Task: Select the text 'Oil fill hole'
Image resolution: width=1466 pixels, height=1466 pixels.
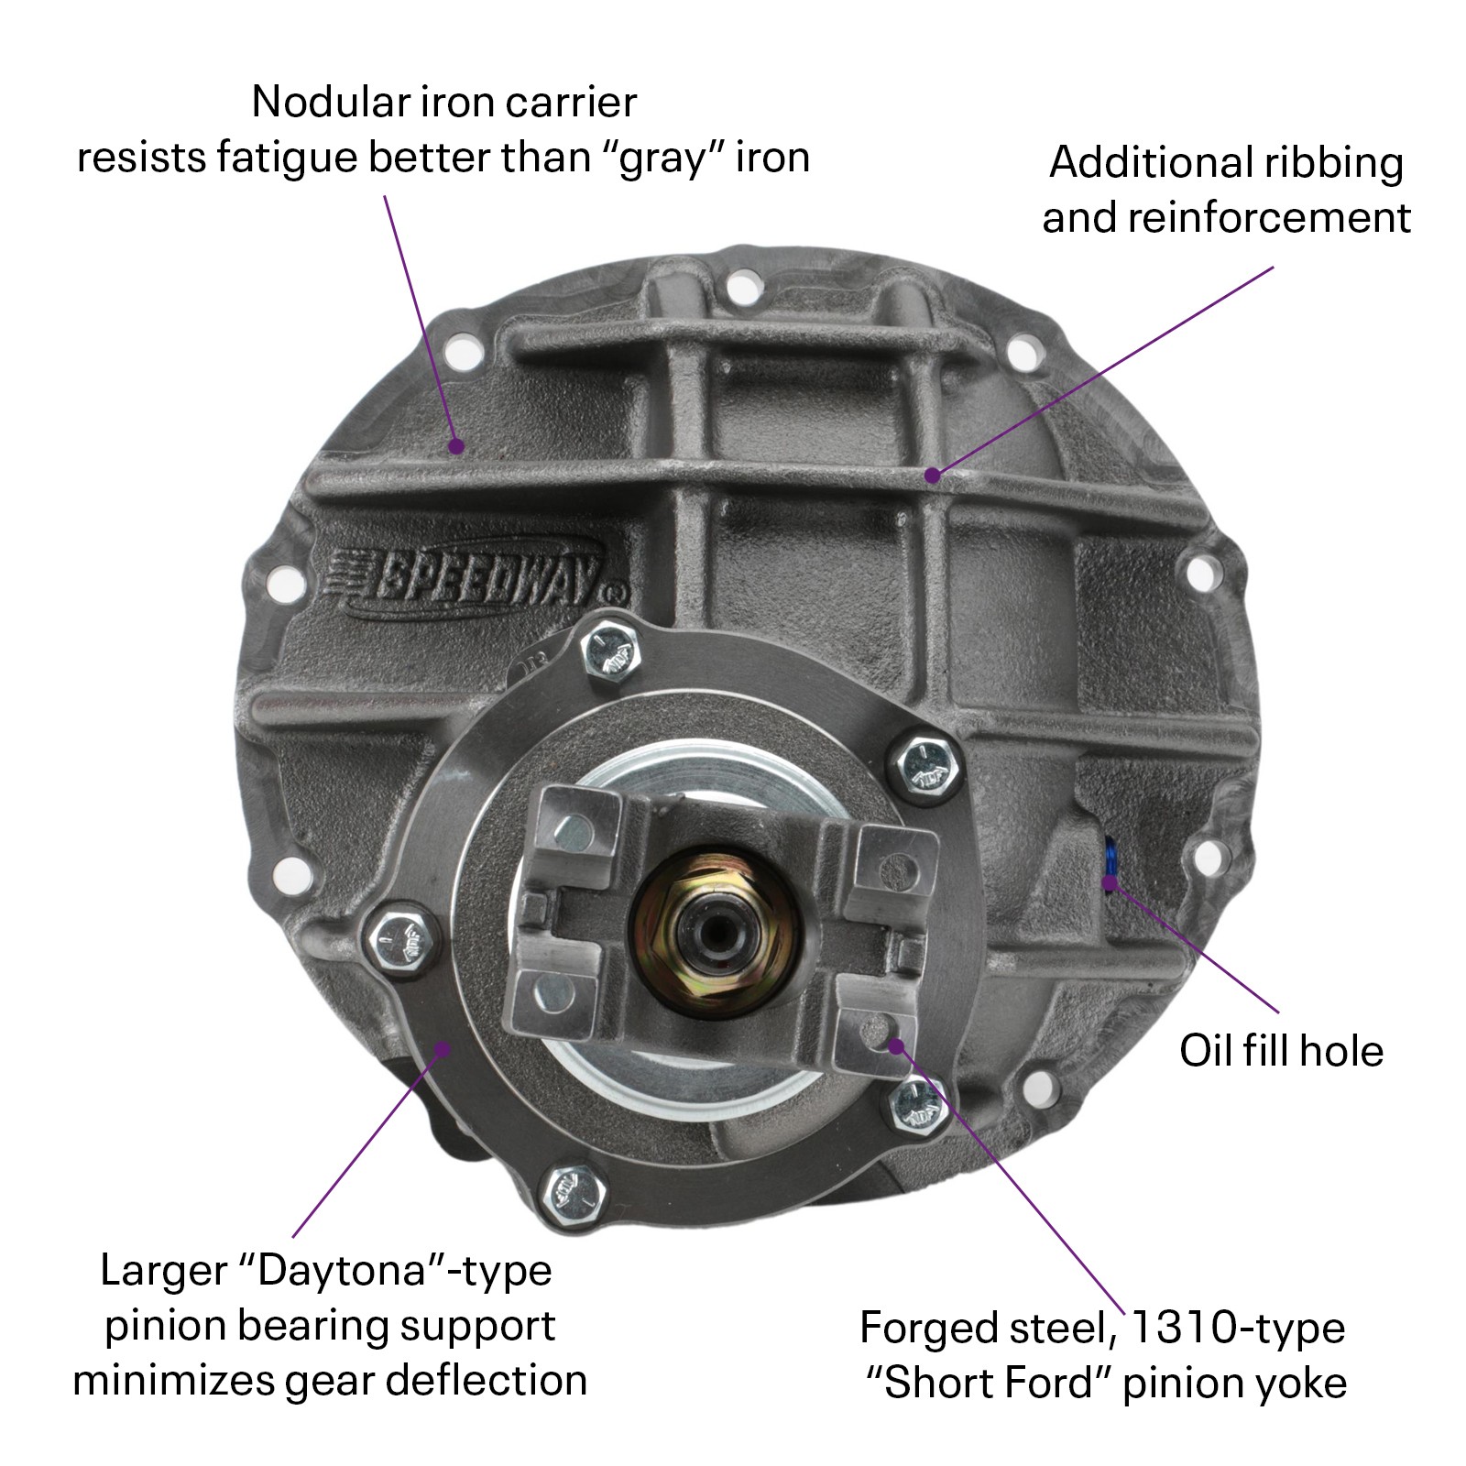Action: click(1280, 1050)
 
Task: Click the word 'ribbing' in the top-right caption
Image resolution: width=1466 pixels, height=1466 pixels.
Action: click(1333, 163)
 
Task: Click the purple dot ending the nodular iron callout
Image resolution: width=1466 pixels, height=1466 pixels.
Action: click(456, 446)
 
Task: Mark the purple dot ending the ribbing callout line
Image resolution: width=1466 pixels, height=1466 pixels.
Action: click(932, 475)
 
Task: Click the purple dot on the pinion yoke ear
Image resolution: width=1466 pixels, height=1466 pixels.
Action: click(897, 1045)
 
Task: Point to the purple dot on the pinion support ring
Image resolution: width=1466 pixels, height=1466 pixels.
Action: click(443, 1048)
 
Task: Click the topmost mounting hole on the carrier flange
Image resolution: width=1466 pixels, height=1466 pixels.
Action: click(743, 288)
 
